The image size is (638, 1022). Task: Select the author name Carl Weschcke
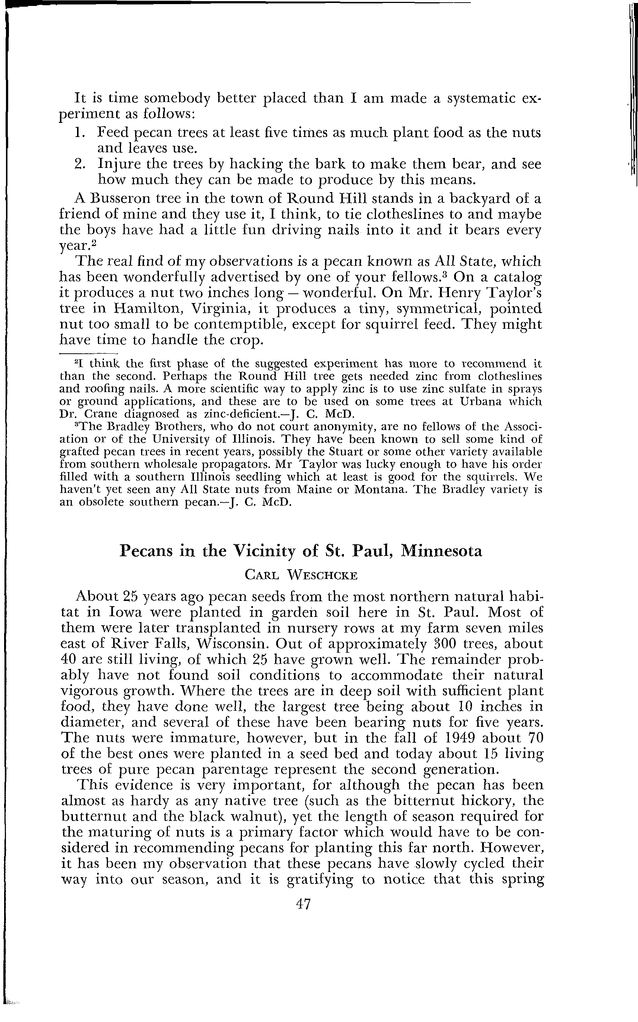[x=301, y=575]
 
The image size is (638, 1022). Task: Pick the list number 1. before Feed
[x=81, y=133]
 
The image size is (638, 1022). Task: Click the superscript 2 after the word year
[x=95, y=243]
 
